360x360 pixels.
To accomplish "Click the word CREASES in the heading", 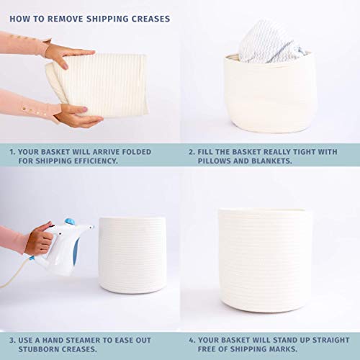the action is pyautogui.click(x=151, y=19).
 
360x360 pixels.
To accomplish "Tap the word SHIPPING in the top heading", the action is pyautogui.click(x=107, y=19).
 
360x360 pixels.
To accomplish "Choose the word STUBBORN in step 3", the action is pyautogui.click(x=38, y=349).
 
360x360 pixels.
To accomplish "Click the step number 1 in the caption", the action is pyautogui.click(x=12, y=152).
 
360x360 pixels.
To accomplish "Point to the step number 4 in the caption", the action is pyautogui.click(x=192, y=340).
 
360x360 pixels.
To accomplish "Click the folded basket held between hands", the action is pyautogui.click(x=99, y=85).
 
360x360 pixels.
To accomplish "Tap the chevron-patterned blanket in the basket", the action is pyautogui.click(x=268, y=43).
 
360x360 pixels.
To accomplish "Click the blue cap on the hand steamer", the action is pyautogui.click(x=70, y=222).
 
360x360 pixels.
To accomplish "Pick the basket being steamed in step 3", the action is pyautogui.click(x=132, y=255).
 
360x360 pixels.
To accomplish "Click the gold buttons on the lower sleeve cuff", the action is pyautogui.click(x=34, y=112).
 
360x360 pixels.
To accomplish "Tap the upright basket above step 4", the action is pyautogui.click(x=266, y=261).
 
